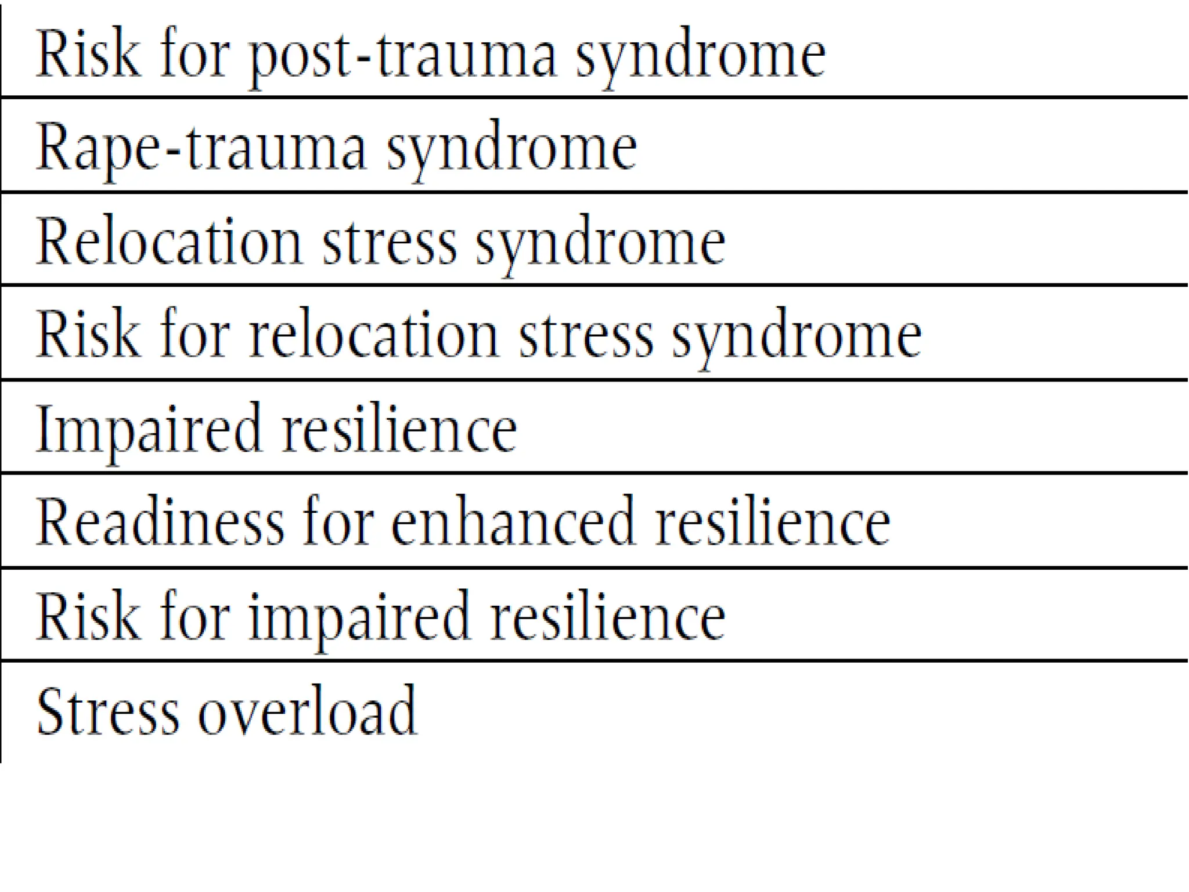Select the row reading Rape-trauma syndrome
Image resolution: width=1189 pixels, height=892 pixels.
pyautogui.click(x=337, y=148)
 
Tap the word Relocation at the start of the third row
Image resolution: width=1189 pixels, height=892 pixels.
pyautogui.click(x=169, y=241)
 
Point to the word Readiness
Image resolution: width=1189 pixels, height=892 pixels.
pyautogui.click(x=160, y=522)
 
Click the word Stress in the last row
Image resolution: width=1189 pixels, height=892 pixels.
pyautogui.click(x=107, y=711)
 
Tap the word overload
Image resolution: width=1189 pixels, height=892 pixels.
pyautogui.click(x=308, y=711)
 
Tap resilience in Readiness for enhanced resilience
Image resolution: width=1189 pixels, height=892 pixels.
pyautogui.click(x=772, y=522)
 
